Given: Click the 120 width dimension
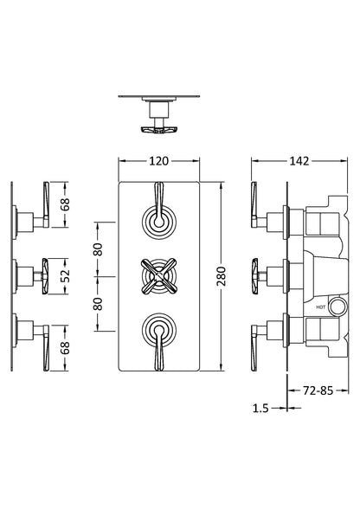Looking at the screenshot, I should click(x=157, y=161).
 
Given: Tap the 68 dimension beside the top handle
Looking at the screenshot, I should click(x=64, y=205).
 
